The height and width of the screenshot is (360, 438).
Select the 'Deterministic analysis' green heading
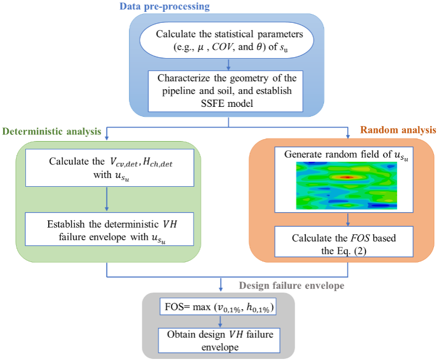click(52, 132)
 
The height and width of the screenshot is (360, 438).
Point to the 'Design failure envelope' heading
click(292, 286)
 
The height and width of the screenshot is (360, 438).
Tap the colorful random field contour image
click(347, 185)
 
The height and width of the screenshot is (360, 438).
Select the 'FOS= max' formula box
click(218, 308)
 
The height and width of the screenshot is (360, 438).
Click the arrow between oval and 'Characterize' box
click(229, 65)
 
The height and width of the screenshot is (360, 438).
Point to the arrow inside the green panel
click(106, 199)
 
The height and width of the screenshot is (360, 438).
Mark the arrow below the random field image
click(347, 218)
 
